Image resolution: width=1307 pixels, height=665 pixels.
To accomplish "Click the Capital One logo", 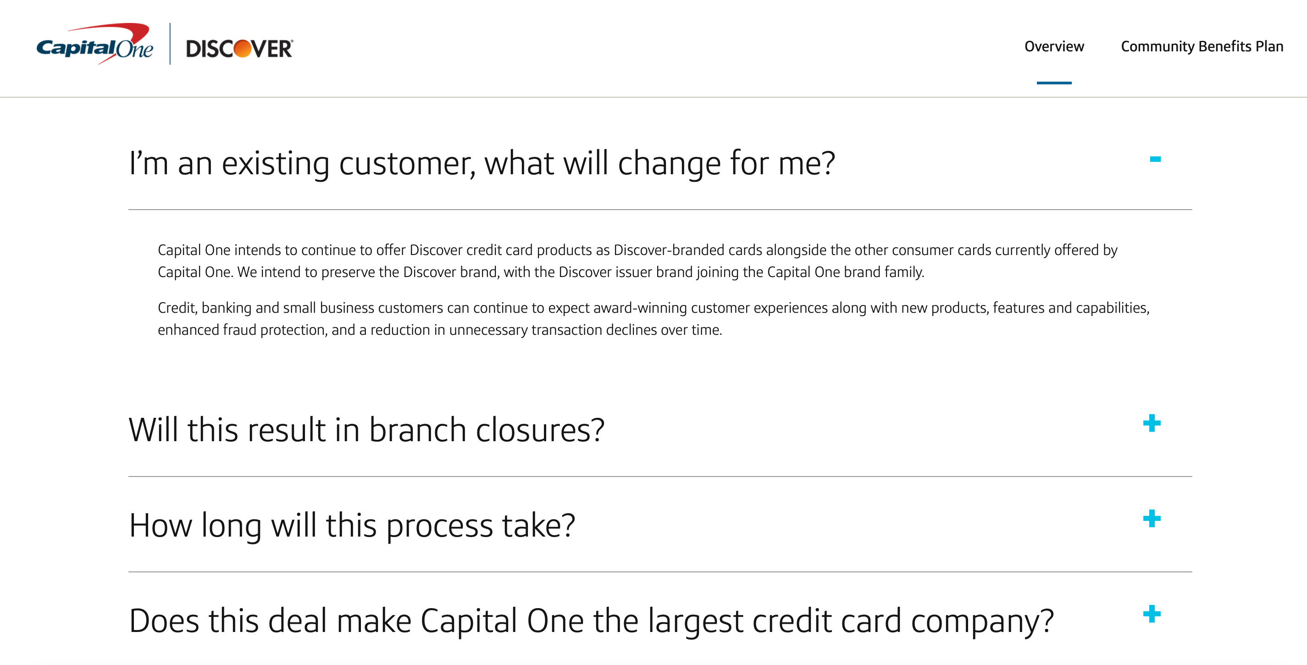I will [95, 44].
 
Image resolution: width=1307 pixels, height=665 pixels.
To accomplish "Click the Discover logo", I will [239, 49].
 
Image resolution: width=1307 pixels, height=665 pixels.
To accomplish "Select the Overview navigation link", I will [1054, 47].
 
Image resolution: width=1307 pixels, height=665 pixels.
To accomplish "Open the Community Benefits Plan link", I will [1202, 47].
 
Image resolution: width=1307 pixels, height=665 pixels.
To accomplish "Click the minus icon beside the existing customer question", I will [1155, 159].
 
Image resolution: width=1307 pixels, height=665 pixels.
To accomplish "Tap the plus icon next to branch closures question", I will [1152, 423].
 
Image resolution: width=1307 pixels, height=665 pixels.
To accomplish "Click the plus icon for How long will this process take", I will [1152, 518].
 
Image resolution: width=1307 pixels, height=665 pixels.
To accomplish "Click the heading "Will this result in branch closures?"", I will [366, 430].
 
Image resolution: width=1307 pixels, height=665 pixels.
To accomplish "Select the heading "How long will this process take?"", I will [352, 526].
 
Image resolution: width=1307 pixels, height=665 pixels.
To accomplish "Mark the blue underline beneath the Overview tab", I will [1054, 83].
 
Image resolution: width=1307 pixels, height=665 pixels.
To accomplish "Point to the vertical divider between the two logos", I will [170, 44].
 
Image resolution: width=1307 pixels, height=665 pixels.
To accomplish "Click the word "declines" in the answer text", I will [631, 330].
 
